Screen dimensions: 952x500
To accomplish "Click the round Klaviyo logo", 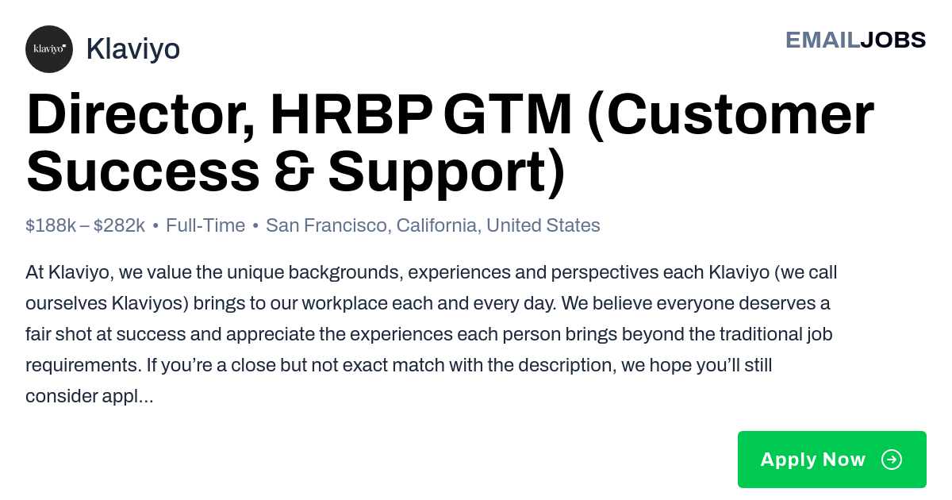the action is (x=49, y=49).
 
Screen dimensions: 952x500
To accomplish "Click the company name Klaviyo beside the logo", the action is (x=133, y=49).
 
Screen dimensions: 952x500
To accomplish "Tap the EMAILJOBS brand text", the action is (x=855, y=40).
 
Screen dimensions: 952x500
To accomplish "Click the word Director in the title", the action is (x=140, y=115).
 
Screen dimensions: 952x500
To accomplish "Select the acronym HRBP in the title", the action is (x=351, y=114).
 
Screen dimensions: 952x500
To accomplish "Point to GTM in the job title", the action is (x=508, y=114).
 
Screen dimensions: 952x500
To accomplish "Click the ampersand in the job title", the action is (x=294, y=171).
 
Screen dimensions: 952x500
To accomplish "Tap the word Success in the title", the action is (x=143, y=171).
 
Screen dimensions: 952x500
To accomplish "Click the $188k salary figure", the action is (x=51, y=225).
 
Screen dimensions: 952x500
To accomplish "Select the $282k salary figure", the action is (x=120, y=225).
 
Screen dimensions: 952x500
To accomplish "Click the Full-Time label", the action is (x=205, y=225).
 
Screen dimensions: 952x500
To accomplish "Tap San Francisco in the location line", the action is (x=327, y=225).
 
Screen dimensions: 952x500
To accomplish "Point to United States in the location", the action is (x=543, y=225).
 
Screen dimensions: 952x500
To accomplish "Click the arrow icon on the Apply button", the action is (x=892, y=460).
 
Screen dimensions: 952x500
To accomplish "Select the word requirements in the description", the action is (x=83, y=366).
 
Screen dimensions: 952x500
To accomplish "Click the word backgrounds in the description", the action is (x=346, y=272).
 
